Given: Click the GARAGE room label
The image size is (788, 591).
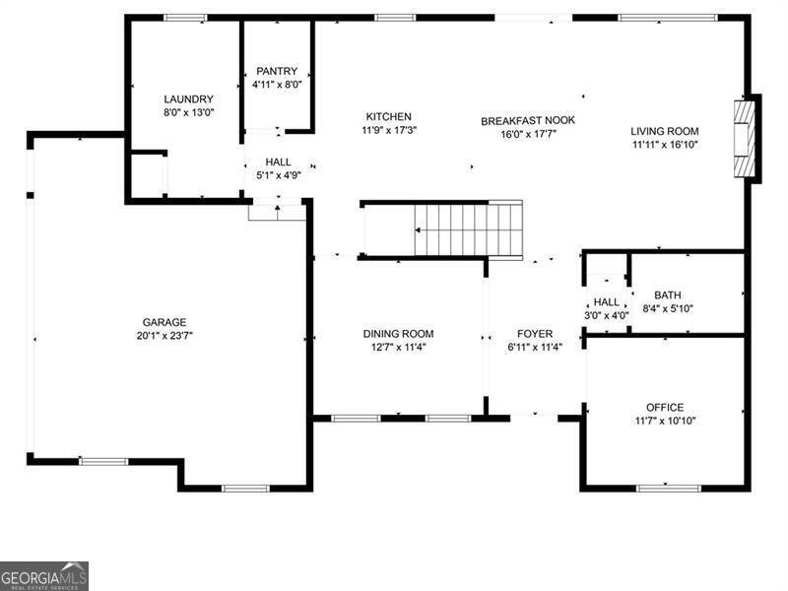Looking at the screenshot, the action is (x=164, y=322).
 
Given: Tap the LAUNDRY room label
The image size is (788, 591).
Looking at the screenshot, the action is (x=188, y=99).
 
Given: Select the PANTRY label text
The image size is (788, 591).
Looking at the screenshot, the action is (x=277, y=71).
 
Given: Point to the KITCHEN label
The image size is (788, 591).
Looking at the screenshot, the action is (x=388, y=116).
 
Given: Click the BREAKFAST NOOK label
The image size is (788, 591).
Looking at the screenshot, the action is (x=528, y=120).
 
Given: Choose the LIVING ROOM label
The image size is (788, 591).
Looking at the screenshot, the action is (x=664, y=131).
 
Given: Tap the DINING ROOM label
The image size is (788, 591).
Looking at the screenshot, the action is (x=398, y=334).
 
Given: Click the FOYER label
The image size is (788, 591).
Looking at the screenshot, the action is (x=535, y=334).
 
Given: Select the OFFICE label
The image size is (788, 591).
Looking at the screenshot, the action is (x=665, y=407).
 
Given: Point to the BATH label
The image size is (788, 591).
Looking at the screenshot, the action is (x=668, y=295).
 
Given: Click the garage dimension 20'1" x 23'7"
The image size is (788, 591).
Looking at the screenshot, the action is (x=164, y=336).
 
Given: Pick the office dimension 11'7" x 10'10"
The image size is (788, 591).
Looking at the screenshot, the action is (x=665, y=421).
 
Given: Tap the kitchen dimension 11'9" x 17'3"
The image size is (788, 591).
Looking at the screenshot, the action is (x=389, y=130).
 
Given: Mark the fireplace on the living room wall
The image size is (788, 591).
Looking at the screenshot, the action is (x=745, y=139).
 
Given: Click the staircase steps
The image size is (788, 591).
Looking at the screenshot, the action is (x=468, y=230).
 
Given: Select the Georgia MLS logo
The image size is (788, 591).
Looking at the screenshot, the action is (x=44, y=576).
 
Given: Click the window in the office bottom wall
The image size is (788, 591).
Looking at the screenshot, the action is (x=669, y=488).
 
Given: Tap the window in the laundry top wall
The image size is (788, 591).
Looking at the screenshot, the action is (x=185, y=18).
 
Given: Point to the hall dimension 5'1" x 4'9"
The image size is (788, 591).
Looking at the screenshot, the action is (x=279, y=176).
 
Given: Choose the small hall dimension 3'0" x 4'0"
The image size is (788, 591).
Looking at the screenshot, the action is (x=606, y=315).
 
